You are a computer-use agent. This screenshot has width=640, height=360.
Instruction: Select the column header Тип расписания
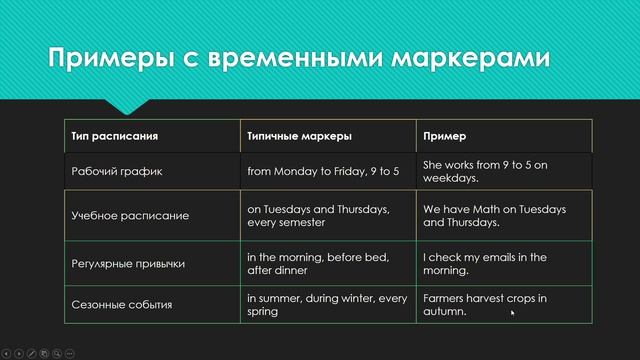point(115,135)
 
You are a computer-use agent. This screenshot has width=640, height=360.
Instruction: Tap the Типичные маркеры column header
point(299,135)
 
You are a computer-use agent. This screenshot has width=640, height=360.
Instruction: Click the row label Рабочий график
point(117,171)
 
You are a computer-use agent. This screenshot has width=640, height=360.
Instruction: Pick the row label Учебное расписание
point(130,215)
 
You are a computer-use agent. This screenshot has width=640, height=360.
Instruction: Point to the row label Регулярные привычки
point(128,263)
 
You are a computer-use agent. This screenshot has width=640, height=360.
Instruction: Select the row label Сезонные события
point(122,304)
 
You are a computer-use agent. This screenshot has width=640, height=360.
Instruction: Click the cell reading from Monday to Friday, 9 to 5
point(323,171)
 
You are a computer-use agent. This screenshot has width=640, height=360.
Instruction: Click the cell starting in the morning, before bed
point(321,263)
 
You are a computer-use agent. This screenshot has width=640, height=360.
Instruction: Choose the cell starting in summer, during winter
point(327,304)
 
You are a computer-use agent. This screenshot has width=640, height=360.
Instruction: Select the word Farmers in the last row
point(443,298)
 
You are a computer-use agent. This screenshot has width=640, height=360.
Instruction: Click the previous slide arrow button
point(7,353)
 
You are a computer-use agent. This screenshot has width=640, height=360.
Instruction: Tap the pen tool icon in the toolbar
point(32,353)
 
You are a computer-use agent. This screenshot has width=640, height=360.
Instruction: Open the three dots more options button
point(70,353)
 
